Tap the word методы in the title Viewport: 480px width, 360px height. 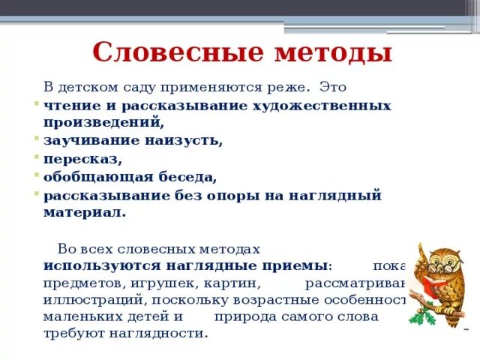325,53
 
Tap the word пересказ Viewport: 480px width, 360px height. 82,159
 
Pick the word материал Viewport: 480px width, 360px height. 84,212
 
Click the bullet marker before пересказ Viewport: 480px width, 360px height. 36,157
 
